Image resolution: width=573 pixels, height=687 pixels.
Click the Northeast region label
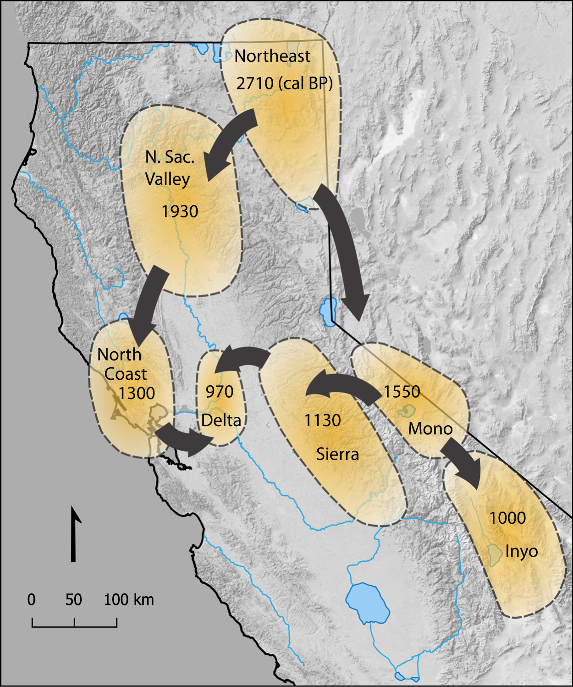pyautogui.click(x=272, y=56)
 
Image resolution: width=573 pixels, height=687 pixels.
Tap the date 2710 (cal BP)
pyautogui.click(x=284, y=83)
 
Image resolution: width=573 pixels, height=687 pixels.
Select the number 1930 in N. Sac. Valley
pyautogui.click(x=180, y=211)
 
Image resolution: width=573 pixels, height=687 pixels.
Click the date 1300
pyautogui.click(x=137, y=393)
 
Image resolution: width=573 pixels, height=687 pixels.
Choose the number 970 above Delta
pyautogui.click(x=219, y=392)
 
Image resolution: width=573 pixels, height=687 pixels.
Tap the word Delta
pyautogui.click(x=221, y=420)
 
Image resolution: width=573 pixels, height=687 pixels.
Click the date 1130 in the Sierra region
pyautogui.click(x=323, y=420)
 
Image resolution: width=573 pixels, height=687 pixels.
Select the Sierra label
pyautogui.click(x=337, y=454)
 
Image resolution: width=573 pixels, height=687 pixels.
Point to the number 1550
pyautogui.click(x=402, y=392)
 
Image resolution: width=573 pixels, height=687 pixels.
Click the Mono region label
pyautogui.click(x=430, y=429)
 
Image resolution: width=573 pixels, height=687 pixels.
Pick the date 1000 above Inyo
pyautogui.click(x=507, y=518)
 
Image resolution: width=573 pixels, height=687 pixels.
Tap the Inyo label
pyautogui.click(x=521, y=551)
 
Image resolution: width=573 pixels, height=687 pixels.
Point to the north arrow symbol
pyautogui.click(x=74, y=534)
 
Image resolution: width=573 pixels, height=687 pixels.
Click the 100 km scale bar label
pyautogui.click(x=129, y=600)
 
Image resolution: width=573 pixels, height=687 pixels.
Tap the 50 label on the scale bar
pyautogui.click(x=74, y=600)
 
